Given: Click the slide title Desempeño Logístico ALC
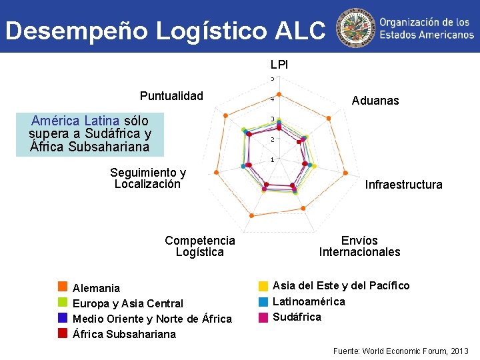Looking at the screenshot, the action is click(x=165, y=30).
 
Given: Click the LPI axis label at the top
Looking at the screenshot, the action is click(x=279, y=65).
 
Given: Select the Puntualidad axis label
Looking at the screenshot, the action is click(x=171, y=95).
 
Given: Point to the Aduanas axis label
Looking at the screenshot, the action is click(x=375, y=101).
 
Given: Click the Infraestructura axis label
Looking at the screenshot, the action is click(x=403, y=185).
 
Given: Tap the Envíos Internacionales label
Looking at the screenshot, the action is click(x=359, y=246).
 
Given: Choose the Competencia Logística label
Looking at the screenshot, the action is click(x=200, y=246).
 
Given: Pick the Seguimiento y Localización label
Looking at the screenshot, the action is click(x=148, y=179).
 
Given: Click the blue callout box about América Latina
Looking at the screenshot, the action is click(x=90, y=133).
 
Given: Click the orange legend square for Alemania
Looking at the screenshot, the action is click(x=63, y=287).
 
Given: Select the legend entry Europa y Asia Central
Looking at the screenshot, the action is click(x=127, y=303).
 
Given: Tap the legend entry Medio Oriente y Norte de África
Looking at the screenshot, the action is click(x=152, y=319).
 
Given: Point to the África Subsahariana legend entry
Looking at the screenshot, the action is click(x=124, y=334).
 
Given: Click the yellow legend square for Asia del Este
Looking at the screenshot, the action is click(x=263, y=286).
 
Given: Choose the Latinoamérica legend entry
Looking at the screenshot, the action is click(x=309, y=301).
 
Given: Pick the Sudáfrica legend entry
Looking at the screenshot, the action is click(x=297, y=317).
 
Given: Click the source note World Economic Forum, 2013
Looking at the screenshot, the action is click(x=400, y=351).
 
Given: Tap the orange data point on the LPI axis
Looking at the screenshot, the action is click(x=279, y=94).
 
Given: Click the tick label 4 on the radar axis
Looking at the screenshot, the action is click(x=271, y=99).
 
